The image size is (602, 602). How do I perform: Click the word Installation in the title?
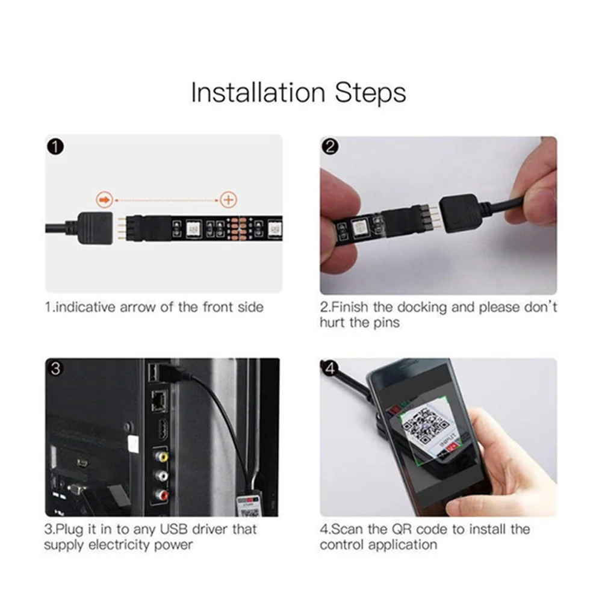coord(258,93)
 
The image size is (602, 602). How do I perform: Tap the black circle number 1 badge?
coord(55,147)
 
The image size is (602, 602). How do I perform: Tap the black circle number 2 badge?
coord(330,147)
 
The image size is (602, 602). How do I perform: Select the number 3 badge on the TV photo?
coord(55,368)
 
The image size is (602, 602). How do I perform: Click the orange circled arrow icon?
coord(104,200)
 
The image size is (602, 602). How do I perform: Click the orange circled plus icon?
coord(228,200)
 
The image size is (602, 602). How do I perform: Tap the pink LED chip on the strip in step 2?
coord(361,228)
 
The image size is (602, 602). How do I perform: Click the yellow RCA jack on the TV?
coord(161,456)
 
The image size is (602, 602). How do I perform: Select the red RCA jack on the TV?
coord(161,494)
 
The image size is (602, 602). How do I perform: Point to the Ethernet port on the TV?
coord(159,401)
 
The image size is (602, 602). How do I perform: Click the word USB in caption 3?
coord(174,529)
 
